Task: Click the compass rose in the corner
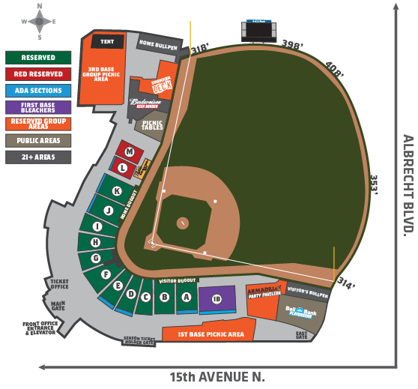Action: (x=39, y=22)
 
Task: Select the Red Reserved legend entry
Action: (x=38, y=74)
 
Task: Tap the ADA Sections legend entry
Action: (x=38, y=91)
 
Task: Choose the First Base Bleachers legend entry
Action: (x=38, y=107)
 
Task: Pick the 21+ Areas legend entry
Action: (x=38, y=157)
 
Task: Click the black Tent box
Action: (x=107, y=42)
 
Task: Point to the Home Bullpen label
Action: (x=157, y=43)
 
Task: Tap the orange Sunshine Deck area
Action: (x=158, y=85)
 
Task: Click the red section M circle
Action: (x=130, y=151)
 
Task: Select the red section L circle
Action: (x=123, y=168)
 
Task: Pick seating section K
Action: (x=117, y=191)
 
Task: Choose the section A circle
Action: (x=186, y=297)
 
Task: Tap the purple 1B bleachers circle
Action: (x=217, y=299)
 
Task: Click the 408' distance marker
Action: (x=334, y=70)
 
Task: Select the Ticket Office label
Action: (x=59, y=284)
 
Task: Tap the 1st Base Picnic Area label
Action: (x=211, y=334)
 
